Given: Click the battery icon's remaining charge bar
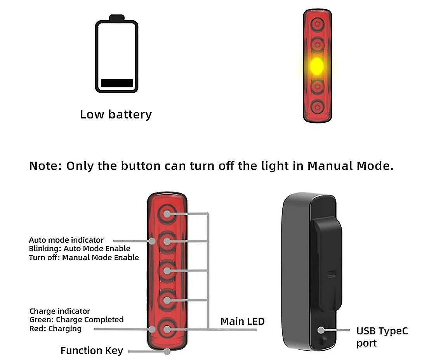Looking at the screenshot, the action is [117, 83].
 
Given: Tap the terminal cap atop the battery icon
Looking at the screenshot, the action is [117, 17].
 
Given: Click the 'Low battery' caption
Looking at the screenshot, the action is [116, 115].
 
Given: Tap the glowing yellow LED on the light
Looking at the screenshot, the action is [317, 66].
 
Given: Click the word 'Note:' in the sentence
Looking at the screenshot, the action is [46, 166].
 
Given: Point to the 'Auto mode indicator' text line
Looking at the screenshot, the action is [66, 240].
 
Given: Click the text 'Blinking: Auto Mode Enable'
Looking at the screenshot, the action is [80, 249].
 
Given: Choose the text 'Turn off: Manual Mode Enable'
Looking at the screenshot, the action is [84, 257].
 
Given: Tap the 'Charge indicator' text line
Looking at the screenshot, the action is [60, 311].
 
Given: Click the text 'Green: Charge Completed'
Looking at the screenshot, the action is [76, 320].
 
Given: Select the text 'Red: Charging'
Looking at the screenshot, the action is [56, 329].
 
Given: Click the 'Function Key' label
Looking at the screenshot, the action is [92, 351].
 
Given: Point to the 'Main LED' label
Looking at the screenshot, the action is [242, 322].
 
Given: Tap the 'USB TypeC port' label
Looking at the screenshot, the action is [382, 337].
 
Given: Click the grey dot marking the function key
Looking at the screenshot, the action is [167, 351].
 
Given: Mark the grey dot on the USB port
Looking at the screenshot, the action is [321, 330].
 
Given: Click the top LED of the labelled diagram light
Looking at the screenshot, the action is [167, 214].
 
